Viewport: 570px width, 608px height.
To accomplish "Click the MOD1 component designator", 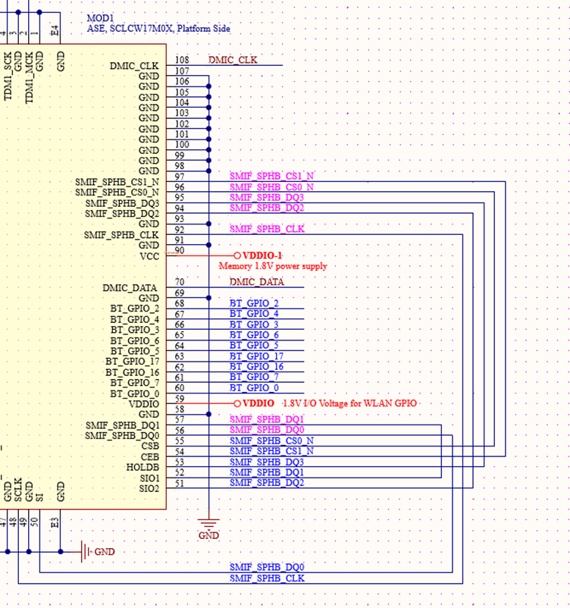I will (x=100, y=17).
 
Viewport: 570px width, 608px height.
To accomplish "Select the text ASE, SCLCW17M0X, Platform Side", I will (x=158, y=29).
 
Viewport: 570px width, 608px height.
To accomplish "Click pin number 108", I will (x=182, y=60).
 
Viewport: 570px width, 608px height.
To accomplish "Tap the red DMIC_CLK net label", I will (x=233, y=60).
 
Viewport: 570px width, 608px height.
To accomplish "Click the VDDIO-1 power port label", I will (x=262, y=255).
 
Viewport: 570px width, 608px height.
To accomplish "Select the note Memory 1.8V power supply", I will (x=273, y=266).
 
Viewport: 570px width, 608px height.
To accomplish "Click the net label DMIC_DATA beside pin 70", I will (x=256, y=282).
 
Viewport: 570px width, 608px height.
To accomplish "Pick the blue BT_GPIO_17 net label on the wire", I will (x=256, y=356).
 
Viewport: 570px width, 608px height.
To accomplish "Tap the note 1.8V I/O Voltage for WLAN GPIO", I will (x=349, y=403).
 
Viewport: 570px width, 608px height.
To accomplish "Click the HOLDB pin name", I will (x=143, y=467).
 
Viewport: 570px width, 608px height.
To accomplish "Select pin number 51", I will (x=180, y=484).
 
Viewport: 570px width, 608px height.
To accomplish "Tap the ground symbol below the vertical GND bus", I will (x=208, y=525).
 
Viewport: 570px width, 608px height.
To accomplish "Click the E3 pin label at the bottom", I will (x=54, y=522).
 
